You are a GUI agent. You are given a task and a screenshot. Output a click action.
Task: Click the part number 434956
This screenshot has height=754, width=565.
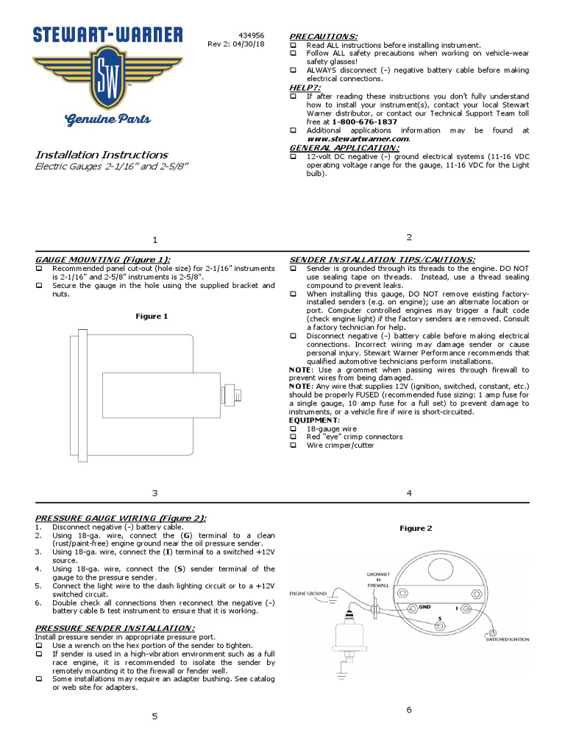click(x=252, y=35)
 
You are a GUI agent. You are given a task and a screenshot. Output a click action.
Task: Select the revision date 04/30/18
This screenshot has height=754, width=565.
click(x=247, y=44)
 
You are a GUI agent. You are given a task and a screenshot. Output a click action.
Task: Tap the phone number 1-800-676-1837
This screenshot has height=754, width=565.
click(x=363, y=121)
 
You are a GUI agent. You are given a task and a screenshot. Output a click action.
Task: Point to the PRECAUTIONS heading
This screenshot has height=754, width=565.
click(x=324, y=36)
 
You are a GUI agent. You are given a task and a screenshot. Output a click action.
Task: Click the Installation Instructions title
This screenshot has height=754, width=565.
click(x=102, y=155)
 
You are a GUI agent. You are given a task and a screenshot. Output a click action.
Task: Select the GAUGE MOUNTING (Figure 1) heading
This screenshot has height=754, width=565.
click(x=103, y=260)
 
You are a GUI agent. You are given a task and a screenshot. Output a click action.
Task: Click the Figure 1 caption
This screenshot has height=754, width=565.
click(x=152, y=316)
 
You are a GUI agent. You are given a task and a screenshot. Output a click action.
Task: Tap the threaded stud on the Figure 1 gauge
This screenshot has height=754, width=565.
click(x=237, y=395)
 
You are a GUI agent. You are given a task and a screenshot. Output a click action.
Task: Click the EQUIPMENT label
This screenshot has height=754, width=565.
click(x=309, y=420)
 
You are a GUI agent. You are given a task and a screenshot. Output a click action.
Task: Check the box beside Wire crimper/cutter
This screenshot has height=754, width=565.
click(x=293, y=445)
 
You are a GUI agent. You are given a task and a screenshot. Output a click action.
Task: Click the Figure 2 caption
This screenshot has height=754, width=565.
click(x=416, y=528)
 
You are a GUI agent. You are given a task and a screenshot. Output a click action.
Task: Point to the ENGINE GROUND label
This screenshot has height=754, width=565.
click(x=308, y=593)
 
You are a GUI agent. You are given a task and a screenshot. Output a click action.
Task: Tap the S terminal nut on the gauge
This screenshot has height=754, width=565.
click(x=439, y=626)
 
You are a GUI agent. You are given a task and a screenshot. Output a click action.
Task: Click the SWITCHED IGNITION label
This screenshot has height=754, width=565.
click(x=506, y=640)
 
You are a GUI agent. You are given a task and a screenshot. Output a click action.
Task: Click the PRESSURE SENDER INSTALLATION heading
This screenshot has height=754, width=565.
click(x=115, y=628)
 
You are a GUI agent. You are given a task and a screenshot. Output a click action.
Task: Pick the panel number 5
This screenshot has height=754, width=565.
click(x=154, y=716)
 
